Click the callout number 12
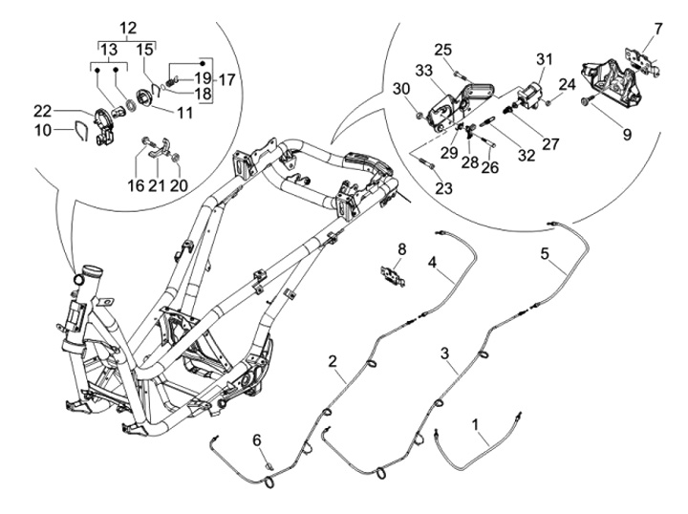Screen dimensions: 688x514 [128, 29]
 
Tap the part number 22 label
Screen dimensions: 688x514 [43, 112]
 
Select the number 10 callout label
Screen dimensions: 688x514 [43, 130]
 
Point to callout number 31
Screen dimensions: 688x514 [544, 59]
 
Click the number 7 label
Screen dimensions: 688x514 [657, 29]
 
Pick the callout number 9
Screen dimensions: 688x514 [627, 134]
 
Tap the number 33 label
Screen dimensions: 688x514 [424, 70]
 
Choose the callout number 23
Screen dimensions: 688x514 [443, 188]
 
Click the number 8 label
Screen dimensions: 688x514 [402, 249]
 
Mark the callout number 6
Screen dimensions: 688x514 [257, 439]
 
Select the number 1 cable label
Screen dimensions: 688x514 [475, 424]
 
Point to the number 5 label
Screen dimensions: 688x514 [545, 253]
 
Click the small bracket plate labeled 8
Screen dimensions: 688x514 [393, 276]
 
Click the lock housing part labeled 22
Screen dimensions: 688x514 [103, 126]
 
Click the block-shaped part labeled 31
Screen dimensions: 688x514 [529, 96]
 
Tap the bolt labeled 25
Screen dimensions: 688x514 [459, 75]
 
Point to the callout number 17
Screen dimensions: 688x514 [226, 80]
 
